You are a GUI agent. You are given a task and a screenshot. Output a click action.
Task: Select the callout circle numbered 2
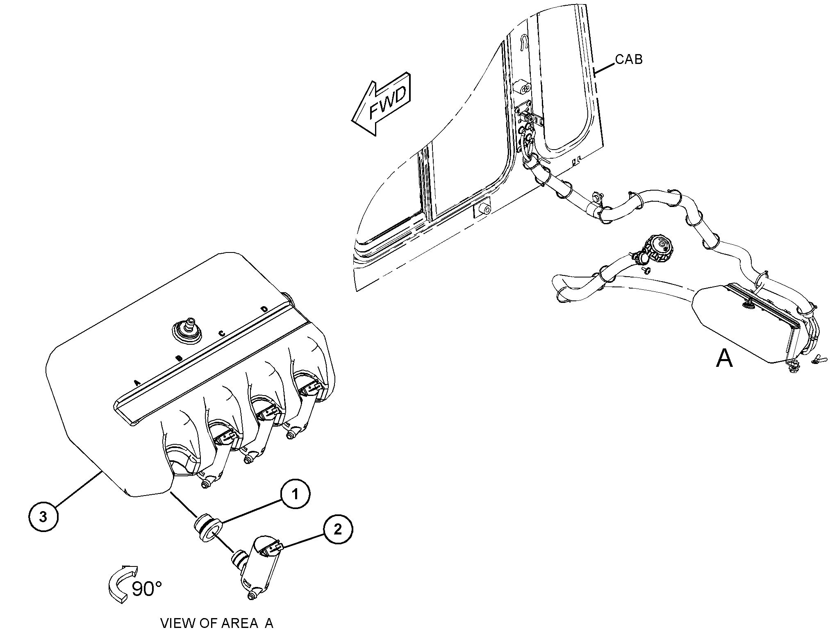point(338,530)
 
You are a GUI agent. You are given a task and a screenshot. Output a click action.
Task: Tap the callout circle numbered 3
point(43,517)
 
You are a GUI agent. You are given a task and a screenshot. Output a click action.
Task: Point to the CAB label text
point(629,59)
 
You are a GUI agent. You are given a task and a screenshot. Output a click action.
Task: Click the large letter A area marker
point(724,359)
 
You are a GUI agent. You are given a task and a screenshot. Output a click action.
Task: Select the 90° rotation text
point(147,589)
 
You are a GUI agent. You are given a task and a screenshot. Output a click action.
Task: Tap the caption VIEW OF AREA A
point(216,623)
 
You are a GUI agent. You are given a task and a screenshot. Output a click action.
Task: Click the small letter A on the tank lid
point(137,382)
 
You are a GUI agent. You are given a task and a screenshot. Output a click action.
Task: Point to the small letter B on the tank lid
point(179,358)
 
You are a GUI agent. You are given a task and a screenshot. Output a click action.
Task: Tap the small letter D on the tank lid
point(264,309)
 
